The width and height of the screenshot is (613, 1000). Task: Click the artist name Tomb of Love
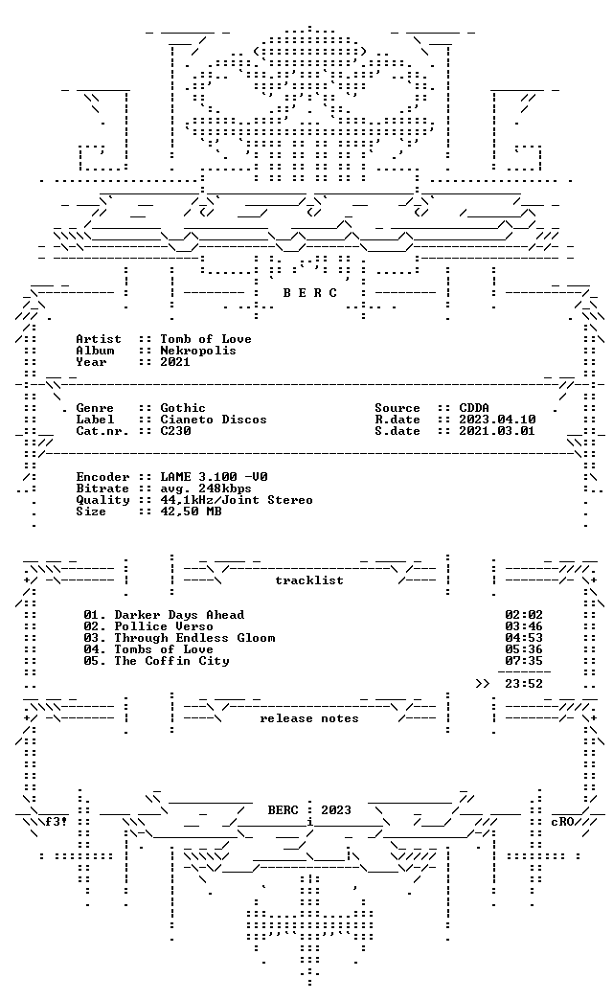click(205, 339)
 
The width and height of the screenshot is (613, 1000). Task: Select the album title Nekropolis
click(197, 351)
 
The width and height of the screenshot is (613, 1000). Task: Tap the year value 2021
click(174, 362)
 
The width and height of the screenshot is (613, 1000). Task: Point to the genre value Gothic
click(182, 408)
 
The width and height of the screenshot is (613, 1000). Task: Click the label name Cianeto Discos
click(213, 420)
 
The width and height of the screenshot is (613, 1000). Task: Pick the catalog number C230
click(174, 431)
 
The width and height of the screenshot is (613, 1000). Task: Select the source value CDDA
click(474, 408)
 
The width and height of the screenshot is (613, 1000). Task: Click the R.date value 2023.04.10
click(497, 420)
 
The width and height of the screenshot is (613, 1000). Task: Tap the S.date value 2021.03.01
click(497, 431)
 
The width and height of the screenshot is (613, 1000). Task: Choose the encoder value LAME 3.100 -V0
click(213, 477)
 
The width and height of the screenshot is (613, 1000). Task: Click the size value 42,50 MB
click(190, 511)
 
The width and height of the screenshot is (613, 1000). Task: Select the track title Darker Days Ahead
click(178, 615)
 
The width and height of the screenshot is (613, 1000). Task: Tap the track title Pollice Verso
click(163, 626)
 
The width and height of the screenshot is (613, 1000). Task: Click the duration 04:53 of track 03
click(524, 638)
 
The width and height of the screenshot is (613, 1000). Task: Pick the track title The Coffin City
click(170, 661)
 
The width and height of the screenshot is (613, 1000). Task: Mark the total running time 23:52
click(524, 684)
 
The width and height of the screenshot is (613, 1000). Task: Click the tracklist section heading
click(308, 580)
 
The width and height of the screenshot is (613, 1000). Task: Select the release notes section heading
click(308, 718)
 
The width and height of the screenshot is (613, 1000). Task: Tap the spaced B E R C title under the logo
click(310, 293)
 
